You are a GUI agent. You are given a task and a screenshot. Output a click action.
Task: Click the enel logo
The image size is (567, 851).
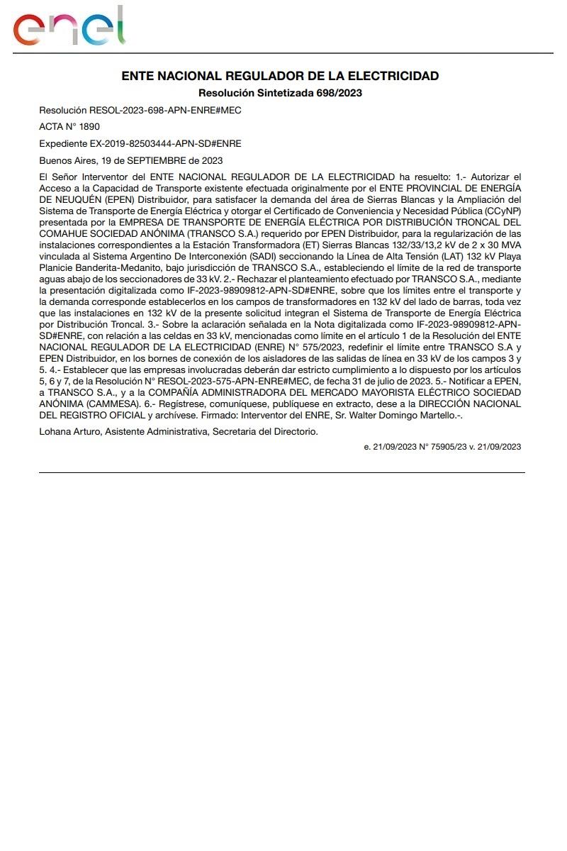69,28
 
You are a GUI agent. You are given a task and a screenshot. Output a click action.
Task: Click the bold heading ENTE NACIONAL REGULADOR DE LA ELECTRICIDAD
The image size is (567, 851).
281,76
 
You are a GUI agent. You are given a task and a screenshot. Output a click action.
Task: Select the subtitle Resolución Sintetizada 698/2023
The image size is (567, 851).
281,93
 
